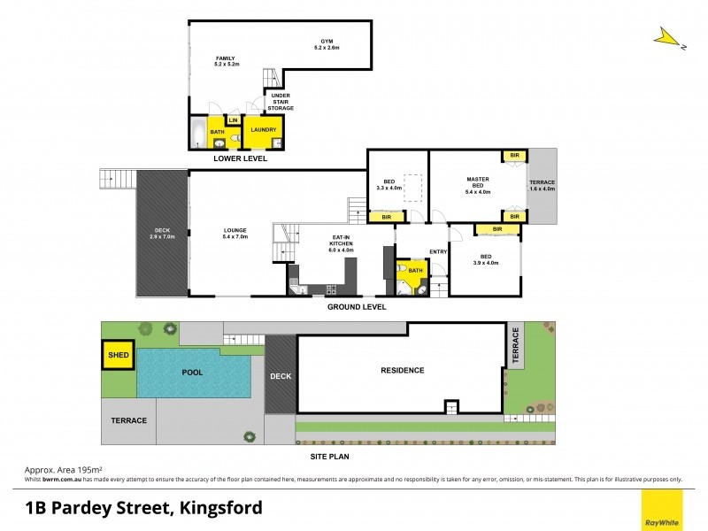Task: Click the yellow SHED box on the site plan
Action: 117,357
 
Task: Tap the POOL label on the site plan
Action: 192,373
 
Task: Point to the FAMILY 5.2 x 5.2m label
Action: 226,62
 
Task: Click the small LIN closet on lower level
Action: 234,120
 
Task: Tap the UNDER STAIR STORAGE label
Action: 281,102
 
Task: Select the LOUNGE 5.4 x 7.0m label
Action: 235,234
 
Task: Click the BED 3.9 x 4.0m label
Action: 486,261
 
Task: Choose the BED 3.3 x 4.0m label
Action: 389,185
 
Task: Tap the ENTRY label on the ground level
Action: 438,252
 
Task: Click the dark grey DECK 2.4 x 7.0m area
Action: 162,234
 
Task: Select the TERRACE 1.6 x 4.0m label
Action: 542,185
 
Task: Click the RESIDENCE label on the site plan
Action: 402,370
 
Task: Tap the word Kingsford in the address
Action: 220,508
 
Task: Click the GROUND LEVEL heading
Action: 357,307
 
